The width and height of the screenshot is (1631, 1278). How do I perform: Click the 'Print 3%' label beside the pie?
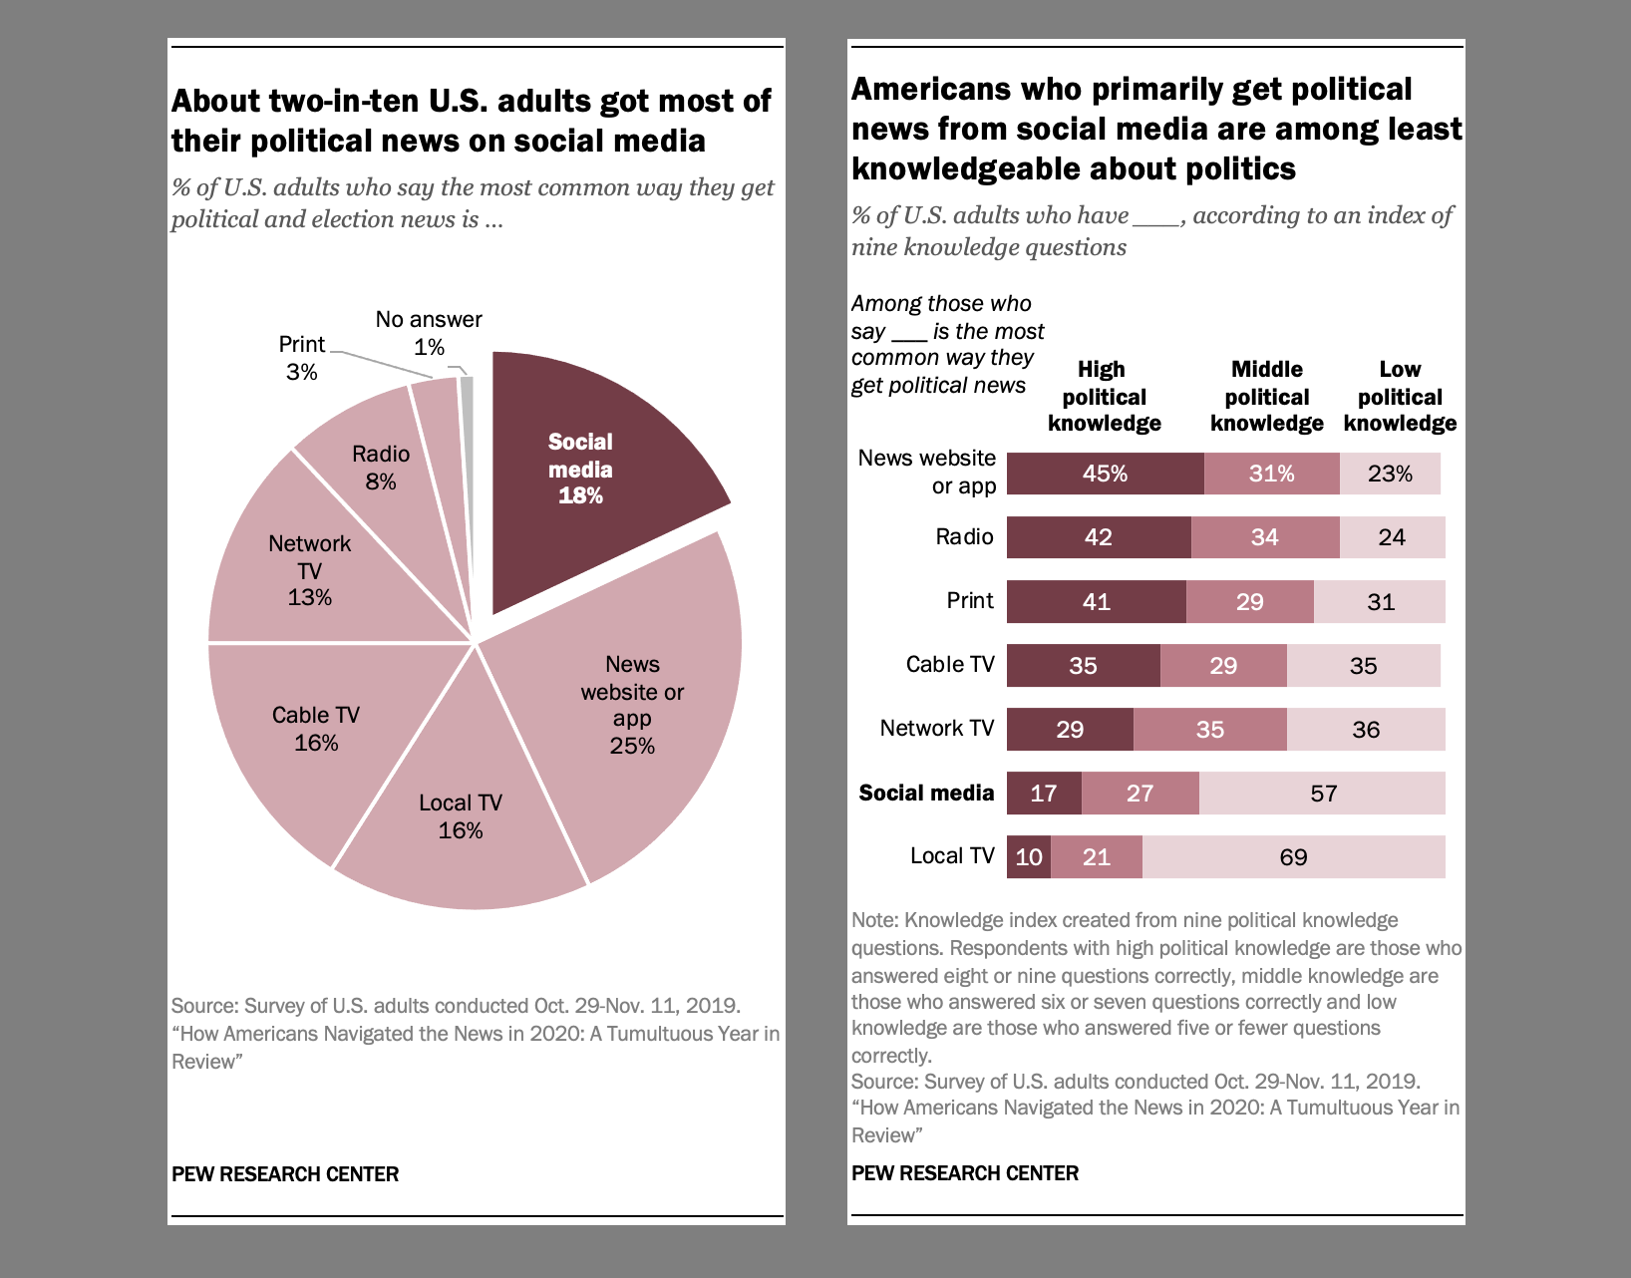click(x=301, y=358)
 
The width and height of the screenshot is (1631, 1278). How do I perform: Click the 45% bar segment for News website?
click(x=1105, y=474)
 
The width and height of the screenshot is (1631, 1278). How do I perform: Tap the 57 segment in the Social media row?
click(x=1322, y=794)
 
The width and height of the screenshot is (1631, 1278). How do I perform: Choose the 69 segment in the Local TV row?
click(x=1293, y=857)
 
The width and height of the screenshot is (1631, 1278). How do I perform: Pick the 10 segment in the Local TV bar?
click(x=1028, y=857)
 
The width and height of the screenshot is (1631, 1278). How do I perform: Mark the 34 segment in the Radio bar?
click(x=1264, y=538)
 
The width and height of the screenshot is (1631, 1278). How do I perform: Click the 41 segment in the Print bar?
click(x=1096, y=602)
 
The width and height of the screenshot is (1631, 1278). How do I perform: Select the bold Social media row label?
click(x=926, y=794)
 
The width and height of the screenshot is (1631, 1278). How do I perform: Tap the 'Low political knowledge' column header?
click(x=1400, y=397)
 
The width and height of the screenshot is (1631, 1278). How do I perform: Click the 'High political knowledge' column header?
click(x=1104, y=397)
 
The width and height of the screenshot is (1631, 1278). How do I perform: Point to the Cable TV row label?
click(x=949, y=665)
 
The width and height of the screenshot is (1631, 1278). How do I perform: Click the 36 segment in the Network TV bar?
click(x=1365, y=730)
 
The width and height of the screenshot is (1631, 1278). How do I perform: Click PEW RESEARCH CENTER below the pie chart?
click(x=285, y=1174)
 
